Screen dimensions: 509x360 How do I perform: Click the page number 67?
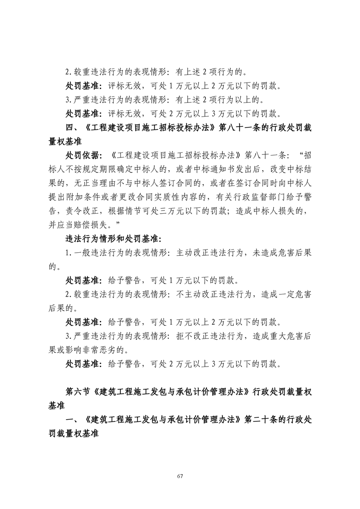point(180,476)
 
